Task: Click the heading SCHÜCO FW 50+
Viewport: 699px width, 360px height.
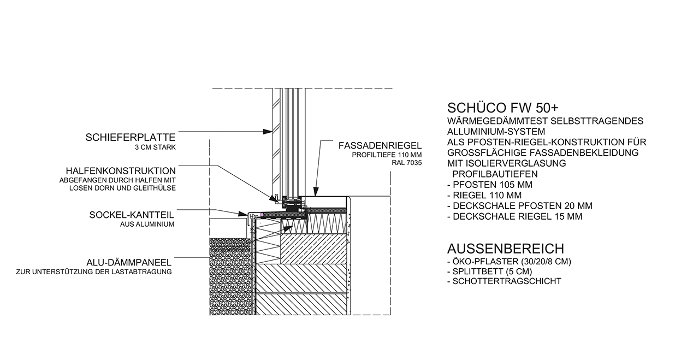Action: pos(503,108)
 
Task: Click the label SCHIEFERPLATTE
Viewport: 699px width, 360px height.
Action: pos(131,137)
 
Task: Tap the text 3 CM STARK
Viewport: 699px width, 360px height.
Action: pos(155,147)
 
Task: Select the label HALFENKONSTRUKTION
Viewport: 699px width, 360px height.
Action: pos(121,171)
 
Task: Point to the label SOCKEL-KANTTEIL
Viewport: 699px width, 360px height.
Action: pos(132,215)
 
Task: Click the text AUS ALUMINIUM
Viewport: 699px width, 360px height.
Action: pos(147,224)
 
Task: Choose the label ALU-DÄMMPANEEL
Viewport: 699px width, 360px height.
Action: pos(129,263)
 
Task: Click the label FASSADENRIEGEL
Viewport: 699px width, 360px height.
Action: pos(380,145)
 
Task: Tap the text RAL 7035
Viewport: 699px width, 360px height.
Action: pos(407,163)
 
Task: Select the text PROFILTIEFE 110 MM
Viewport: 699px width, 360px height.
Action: pos(387,155)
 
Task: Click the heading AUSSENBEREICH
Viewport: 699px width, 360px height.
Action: pos(506,249)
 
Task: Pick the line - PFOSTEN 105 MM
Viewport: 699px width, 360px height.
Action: pos(490,185)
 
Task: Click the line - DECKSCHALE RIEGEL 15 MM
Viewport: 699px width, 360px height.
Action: pos(515,217)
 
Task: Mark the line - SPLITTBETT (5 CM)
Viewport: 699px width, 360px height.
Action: pos(490,272)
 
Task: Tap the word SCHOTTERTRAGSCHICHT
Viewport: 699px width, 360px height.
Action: pos(507,281)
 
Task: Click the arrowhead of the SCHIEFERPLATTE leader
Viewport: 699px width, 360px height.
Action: pos(268,132)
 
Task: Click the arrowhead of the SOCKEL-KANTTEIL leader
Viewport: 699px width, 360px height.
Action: pos(243,214)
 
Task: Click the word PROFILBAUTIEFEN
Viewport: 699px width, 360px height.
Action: pos(495,174)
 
